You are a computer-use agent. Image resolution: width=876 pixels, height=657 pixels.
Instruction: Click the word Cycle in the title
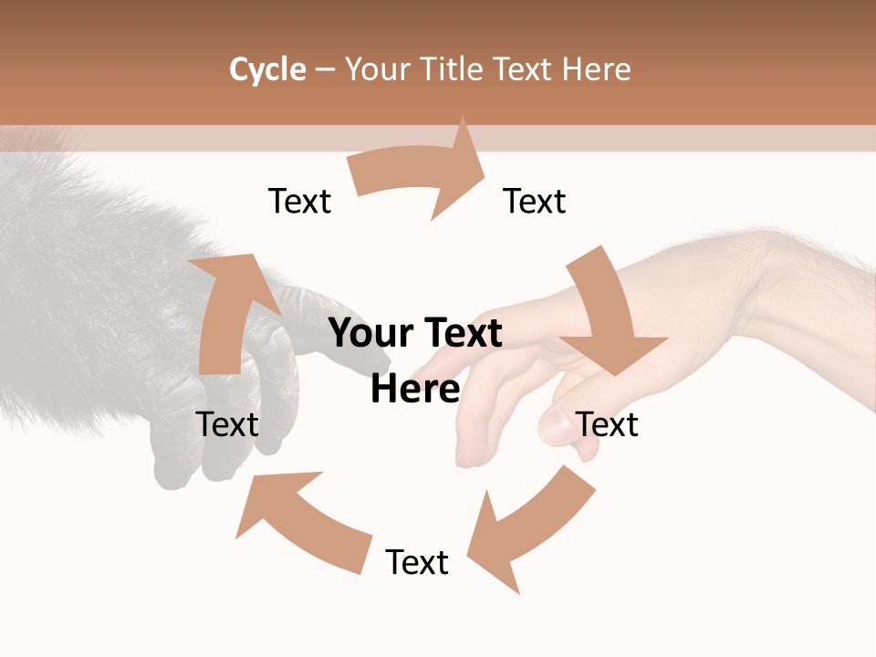coord(267,69)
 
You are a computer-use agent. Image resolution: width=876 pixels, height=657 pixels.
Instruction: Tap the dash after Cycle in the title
coord(325,70)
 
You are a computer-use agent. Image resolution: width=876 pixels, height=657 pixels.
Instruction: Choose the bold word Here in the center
coord(415,390)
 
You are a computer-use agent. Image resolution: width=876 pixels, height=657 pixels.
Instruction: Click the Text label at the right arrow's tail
coord(299,201)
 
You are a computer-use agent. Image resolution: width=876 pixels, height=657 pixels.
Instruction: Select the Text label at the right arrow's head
coord(535,201)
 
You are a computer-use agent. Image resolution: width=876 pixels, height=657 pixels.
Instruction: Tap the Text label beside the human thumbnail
coord(608,424)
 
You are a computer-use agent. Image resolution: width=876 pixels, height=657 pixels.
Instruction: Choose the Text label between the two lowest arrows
coord(417,562)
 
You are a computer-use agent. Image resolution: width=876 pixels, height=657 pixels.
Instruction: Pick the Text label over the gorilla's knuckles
coord(227,424)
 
